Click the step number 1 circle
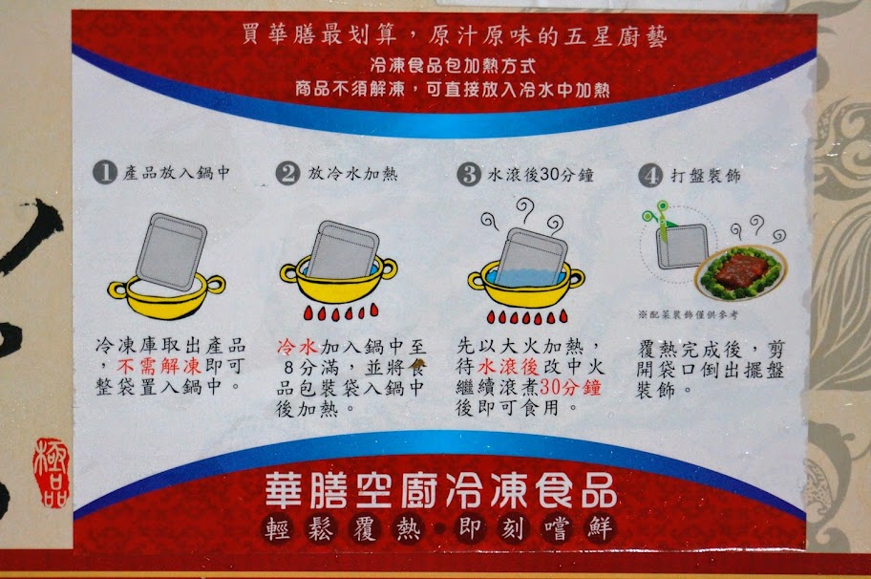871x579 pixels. tap(104, 172)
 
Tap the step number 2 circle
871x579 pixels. tap(287, 173)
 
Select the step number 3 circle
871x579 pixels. tap(469, 175)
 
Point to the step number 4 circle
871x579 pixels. tap(650, 176)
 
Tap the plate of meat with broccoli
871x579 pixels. tap(740, 271)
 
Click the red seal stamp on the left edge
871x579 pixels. tap(52, 472)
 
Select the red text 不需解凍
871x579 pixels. tap(159, 366)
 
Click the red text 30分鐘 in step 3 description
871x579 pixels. tap(570, 387)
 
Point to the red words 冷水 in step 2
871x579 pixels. tap(297, 347)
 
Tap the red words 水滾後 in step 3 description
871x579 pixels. tap(508, 366)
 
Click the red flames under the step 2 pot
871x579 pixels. tap(341, 311)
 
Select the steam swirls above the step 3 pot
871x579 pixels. tap(522, 218)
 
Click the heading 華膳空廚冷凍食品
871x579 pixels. tap(440, 491)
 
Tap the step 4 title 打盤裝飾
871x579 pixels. tap(706, 176)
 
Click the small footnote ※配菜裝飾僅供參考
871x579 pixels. tap(689, 315)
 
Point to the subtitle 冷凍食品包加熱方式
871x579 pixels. tap(453, 66)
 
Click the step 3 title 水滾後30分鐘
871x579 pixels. tap(541, 175)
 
